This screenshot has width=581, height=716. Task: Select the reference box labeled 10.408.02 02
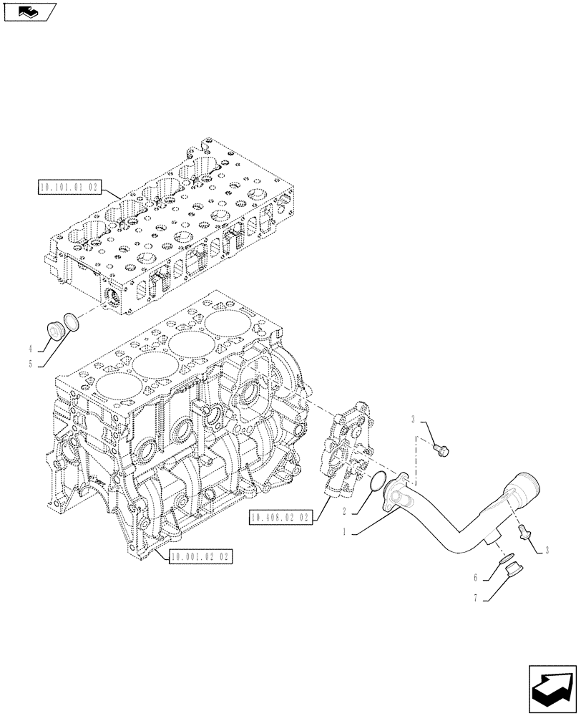coord(281,518)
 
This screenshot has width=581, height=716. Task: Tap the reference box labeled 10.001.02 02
coord(201,557)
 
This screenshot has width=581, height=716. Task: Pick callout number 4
coord(31,349)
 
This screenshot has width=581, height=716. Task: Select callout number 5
coord(31,364)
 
